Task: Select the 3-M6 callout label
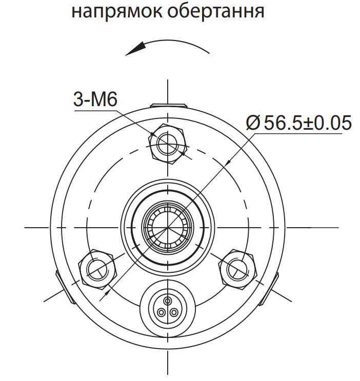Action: (96, 99)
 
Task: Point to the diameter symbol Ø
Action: (253, 123)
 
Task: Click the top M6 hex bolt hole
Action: (168, 143)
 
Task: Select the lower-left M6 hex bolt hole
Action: (97, 268)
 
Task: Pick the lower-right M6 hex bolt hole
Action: (238, 268)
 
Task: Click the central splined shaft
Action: (168, 226)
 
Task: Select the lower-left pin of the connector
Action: (162, 312)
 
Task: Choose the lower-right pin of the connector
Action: (174, 312)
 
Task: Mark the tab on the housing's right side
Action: (274, 286)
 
